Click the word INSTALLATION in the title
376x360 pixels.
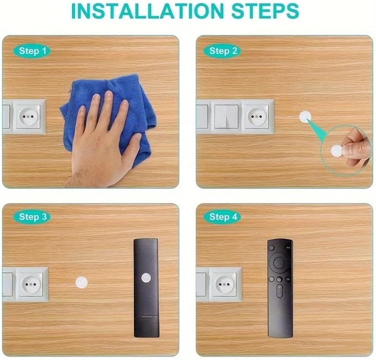(148, 11)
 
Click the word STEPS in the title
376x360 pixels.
(265, 11)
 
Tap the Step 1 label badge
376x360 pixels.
(32, 51)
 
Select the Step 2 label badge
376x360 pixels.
(223, 51)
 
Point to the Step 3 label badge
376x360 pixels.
(32, 217)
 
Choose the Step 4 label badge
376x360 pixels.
(223, 217)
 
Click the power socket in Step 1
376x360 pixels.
(29, 116)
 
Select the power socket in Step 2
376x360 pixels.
(257, 116)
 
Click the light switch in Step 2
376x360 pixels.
(226, 116)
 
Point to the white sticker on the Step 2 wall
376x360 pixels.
(305, 117)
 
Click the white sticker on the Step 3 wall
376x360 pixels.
(81, 282)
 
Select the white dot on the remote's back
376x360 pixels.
(146, 278)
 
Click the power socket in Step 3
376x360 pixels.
(31, 284)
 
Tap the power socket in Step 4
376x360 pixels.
(225, 284)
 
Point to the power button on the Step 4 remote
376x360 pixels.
(272, 247)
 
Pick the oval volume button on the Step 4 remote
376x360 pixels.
(280, 291)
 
